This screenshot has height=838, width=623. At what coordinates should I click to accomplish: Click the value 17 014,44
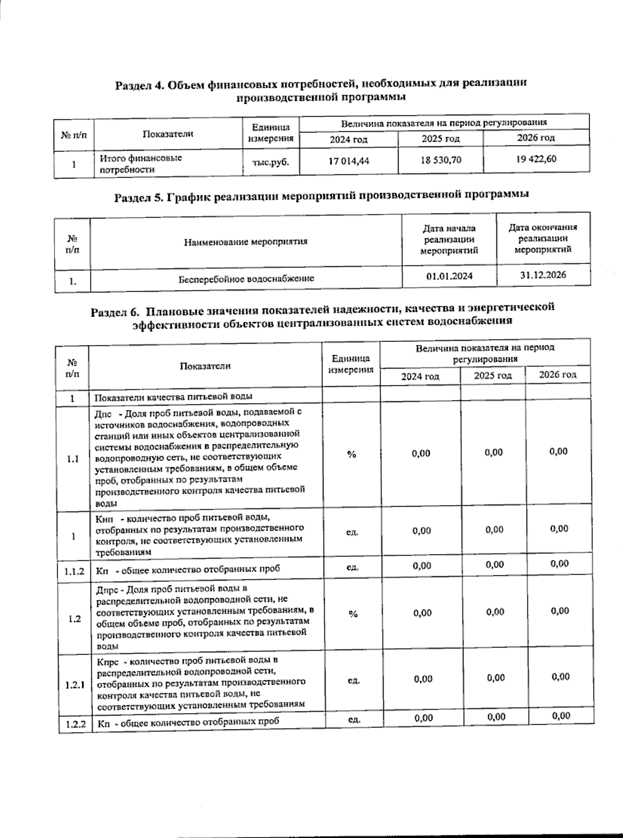pos(349,161)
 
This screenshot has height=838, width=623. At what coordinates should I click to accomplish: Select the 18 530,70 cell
pos(441,160)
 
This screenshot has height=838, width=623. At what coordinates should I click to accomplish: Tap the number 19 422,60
pos(536,159)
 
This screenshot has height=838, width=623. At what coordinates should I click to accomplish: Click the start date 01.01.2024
pos(449,276)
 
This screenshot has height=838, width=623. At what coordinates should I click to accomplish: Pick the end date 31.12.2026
pos(543,275)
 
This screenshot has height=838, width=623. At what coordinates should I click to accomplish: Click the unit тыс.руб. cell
pos(270,162)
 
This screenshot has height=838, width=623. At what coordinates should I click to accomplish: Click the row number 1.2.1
pos(75,685)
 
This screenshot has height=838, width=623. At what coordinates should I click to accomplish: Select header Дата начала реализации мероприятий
pos(449,239)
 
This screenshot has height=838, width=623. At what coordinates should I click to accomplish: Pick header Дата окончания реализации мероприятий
pos(543,238)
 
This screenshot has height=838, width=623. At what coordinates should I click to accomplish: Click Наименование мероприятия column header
pos(246,241)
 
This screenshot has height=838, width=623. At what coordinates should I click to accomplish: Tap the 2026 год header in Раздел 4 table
pos(536,138)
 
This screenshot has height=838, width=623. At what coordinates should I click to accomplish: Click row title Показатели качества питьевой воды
pos(173,397)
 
